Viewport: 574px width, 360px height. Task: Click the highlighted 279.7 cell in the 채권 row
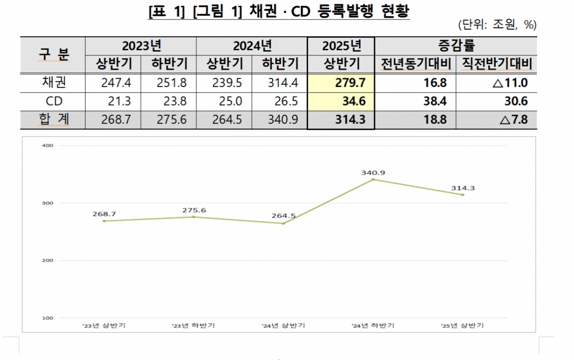341,83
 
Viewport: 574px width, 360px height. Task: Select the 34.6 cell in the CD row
341,101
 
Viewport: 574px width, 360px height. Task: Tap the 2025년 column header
341,46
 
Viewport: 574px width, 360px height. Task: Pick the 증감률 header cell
456,46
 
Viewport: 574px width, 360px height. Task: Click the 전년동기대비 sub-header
415,64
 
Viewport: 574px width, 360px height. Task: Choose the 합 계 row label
53,119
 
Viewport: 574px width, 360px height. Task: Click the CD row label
53,101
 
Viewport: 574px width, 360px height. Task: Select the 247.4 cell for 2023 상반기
113,83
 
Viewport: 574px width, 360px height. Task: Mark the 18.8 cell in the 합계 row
415,119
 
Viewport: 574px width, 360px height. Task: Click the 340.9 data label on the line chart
373,172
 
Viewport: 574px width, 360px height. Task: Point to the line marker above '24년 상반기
283,224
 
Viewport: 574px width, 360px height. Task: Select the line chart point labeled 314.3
463,195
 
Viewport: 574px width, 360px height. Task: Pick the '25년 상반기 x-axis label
463,326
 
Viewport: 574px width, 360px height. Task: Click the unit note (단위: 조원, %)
497,25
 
